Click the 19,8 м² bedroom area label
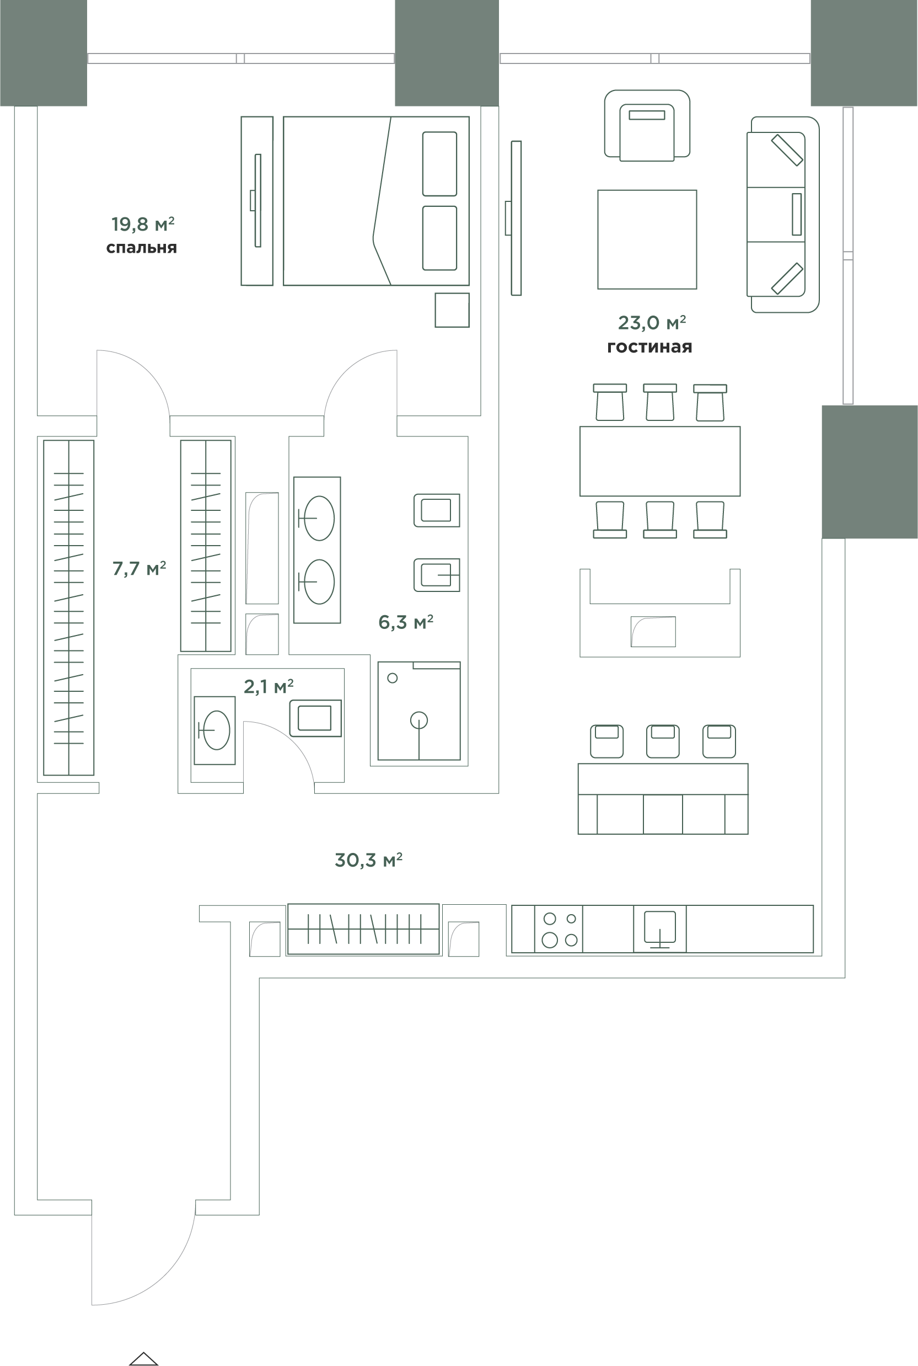[143, 224]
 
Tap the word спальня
[142, 248]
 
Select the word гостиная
[649, 347]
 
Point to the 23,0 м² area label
[652, 322]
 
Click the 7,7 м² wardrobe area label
[139, 568]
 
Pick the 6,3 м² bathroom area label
[406, 622]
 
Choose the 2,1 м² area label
[268, 686]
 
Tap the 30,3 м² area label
[368, 860]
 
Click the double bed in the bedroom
[377, 201]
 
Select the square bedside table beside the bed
[452, 310]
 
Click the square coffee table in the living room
[647, 239]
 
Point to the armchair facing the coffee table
[647, 125]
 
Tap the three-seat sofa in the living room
[783, 215]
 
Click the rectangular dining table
[660, 461]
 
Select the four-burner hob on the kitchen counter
[559, 930]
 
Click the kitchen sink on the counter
[660, 929]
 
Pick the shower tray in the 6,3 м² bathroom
[419, 711]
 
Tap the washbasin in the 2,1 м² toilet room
[214, 730]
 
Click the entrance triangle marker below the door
[143, 1358]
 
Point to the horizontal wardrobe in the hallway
[363, 929]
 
